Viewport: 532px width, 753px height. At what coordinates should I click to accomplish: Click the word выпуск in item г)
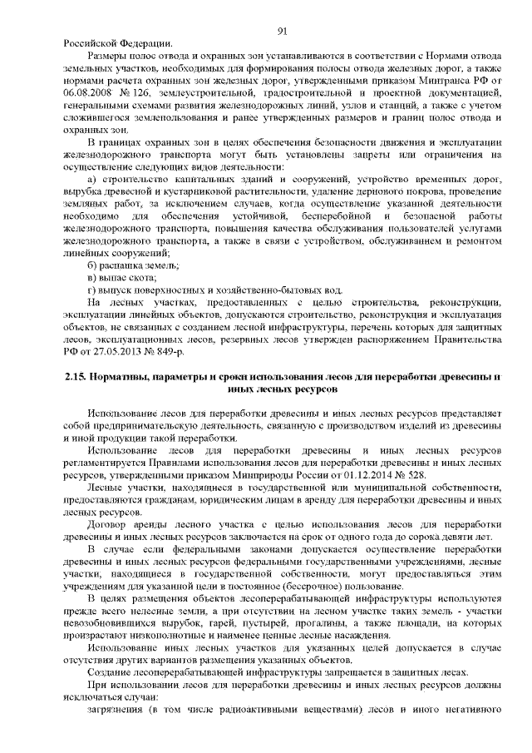[116, 287]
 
